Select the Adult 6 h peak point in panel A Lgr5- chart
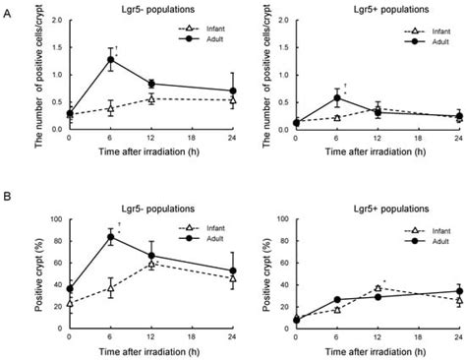point(110,59)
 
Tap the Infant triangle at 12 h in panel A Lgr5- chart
point(150,99)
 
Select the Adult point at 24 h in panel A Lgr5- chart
point(233,90)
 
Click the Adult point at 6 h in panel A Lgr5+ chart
point(338,97)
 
